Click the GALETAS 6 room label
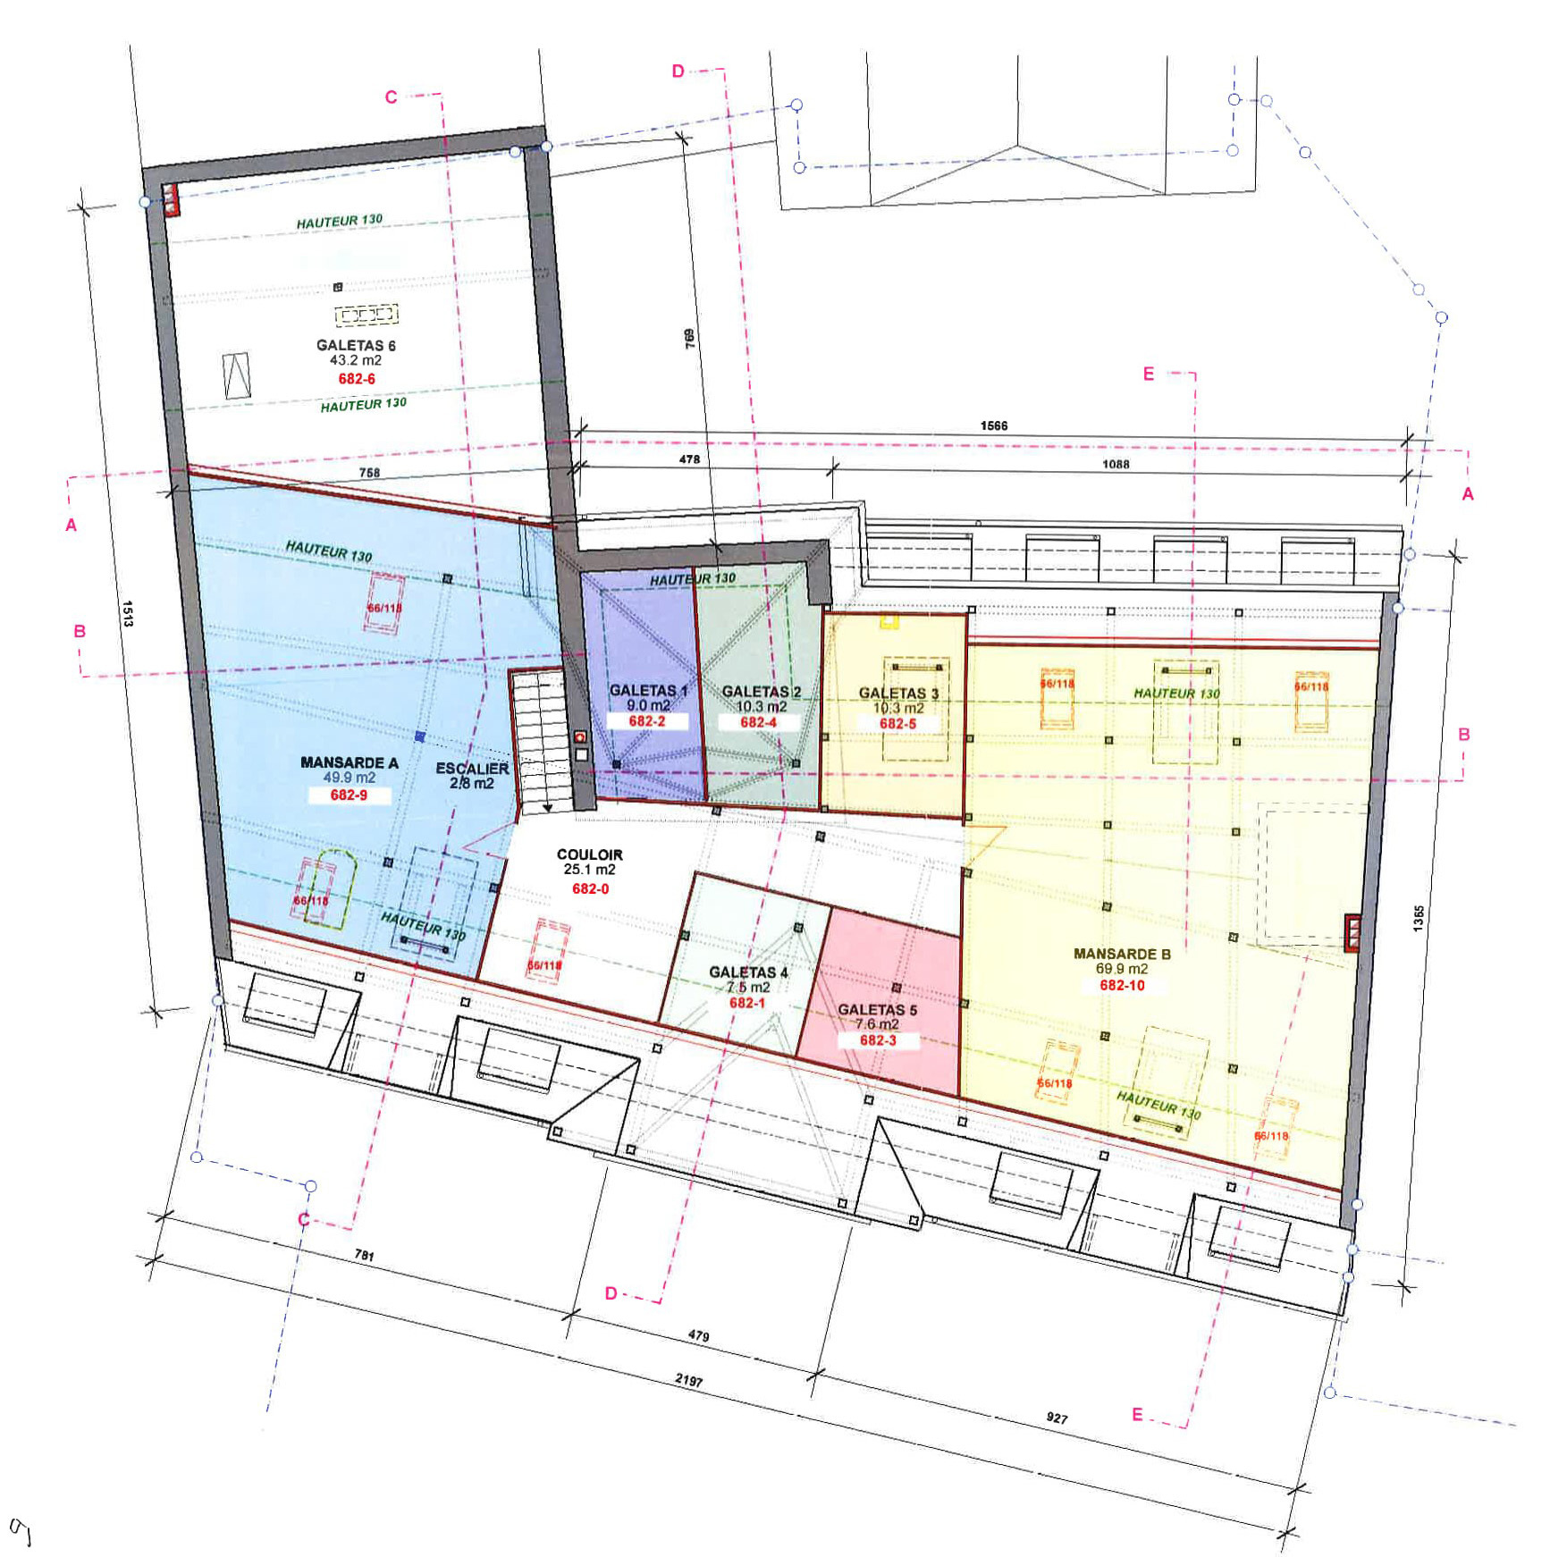coord(356,345)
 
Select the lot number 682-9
coord(349,794)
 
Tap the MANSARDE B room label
coord(1122,954)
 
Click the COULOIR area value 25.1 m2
coord(589,869)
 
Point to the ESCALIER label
coord(472,769)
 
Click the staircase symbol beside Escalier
coord(538,742)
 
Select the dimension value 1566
coord(993,425)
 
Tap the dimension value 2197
coord(688,1380)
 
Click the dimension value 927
coord(1057,1418)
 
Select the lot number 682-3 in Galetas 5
coord(877,1040)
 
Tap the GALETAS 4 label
coord(748,972)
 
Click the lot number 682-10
coord(1122,985)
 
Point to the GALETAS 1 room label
coord(648,691)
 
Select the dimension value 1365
coord(1419,918)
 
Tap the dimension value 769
coord(690,338)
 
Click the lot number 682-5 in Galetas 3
coord(897,724)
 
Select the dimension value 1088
coord(1115,464)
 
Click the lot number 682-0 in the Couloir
coord(590,888)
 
